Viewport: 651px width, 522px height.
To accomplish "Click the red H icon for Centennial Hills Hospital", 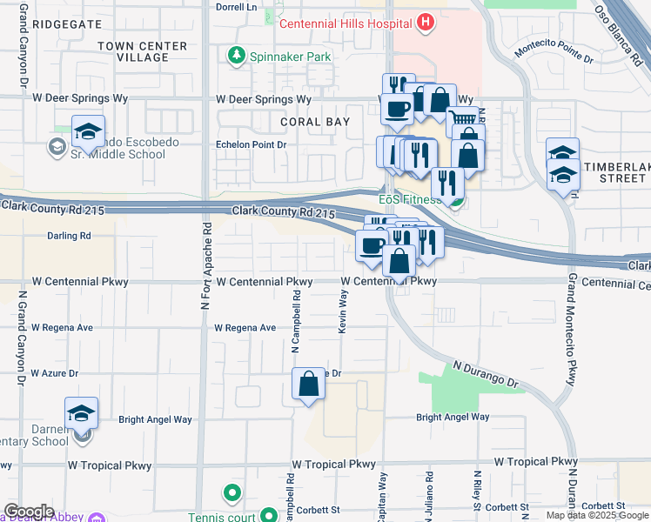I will (425, 22).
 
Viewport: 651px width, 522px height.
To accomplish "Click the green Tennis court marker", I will (232, 494).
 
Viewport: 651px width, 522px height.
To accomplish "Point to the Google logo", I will (29, 512).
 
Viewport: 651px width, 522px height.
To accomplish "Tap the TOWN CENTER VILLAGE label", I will (143, 51).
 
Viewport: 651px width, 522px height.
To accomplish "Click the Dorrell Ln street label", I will (238, 6).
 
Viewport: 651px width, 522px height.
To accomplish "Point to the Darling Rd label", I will (70, 236).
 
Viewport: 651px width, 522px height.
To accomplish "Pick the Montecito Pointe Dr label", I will (554, 54).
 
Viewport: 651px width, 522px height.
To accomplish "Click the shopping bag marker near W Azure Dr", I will (309, 384).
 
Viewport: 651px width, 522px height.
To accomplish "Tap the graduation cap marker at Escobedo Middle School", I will (88, 132).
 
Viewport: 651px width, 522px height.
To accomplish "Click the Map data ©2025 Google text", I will (597, 515).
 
